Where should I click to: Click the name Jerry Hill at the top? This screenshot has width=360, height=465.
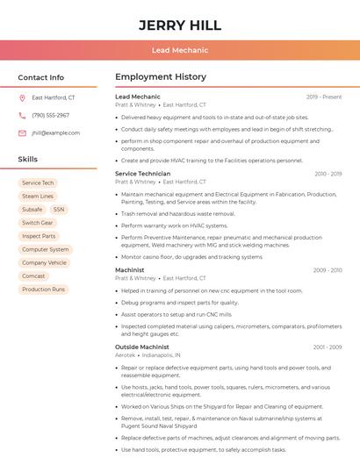tap(180, 25)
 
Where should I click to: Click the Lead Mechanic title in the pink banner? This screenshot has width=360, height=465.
tap(180, 50)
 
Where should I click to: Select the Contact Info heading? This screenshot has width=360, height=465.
tap(41, 77)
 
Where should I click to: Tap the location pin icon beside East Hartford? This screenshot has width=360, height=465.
tap(22, 98)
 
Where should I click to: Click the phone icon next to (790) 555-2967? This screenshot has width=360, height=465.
tap(22, 116)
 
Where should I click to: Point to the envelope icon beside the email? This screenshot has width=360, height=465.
tap(22, 133)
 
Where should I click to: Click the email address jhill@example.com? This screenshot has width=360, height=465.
tap(55, 133)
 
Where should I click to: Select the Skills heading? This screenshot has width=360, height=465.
tap(28, 160)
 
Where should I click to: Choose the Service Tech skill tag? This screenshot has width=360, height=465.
tap(38, 183)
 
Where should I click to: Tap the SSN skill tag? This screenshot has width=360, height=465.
tap(59, 210)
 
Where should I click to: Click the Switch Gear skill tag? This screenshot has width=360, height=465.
tap(38, 223)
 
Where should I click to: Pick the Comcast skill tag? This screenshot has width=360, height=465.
tap(33, 275)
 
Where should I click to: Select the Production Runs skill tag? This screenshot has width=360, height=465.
tap(43, 289)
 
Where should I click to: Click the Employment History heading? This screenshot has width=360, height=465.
tap(161, 77)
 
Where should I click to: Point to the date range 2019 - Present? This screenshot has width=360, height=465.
tap(324, 97)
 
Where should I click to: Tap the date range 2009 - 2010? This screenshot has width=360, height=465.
tap(327, 270)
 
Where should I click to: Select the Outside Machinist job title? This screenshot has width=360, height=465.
tap(142, 347)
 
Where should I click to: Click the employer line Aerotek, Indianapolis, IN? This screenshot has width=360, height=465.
tap(148, 355)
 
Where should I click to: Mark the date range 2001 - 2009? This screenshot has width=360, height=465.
tap(327, 347)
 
